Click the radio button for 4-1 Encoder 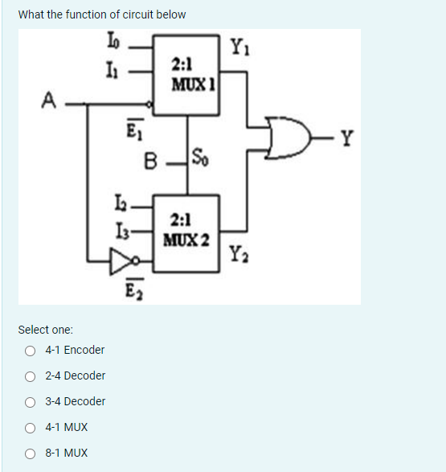[x=30, y=350]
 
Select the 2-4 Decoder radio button [x=30, y=376]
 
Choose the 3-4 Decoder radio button [x=30, y=401]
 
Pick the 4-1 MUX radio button [x=30, y=427]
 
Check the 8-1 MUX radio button [x=30, y=453]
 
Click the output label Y [x=346, y=142]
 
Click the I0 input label [x=110, y=41]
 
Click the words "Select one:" [x=45, y=330]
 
